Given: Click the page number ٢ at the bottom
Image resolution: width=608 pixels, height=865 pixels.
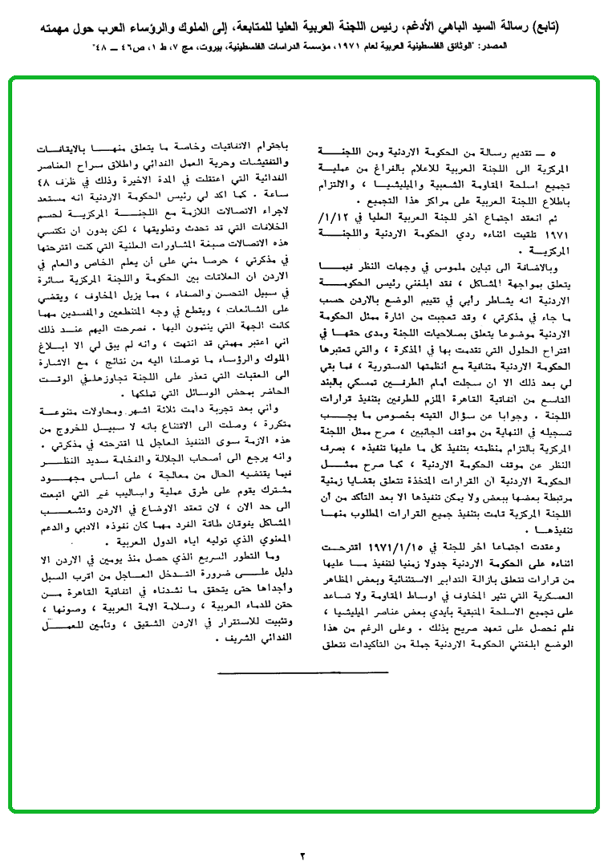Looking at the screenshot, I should [x=303, y=853].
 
